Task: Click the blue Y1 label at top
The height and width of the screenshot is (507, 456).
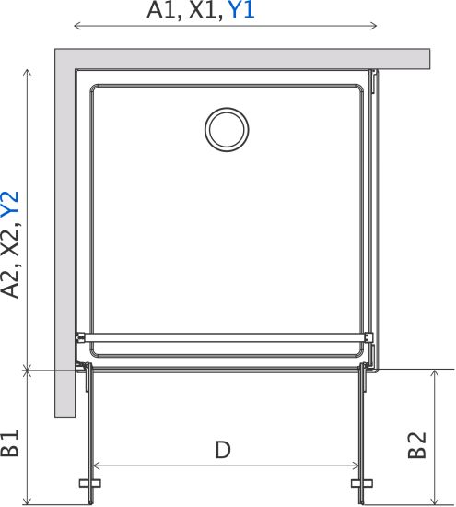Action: (241, 10)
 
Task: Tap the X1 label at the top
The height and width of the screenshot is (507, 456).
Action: (205, 11)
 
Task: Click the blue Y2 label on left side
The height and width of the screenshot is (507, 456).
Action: (10, 204)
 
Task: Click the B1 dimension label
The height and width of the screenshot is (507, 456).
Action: (10, 443)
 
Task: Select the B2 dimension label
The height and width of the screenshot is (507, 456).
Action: (417, 445)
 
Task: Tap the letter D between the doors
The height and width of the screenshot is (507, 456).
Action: (223, 450)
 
